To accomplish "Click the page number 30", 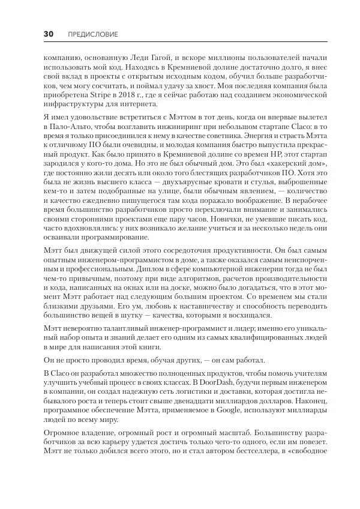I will click(49, 34).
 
